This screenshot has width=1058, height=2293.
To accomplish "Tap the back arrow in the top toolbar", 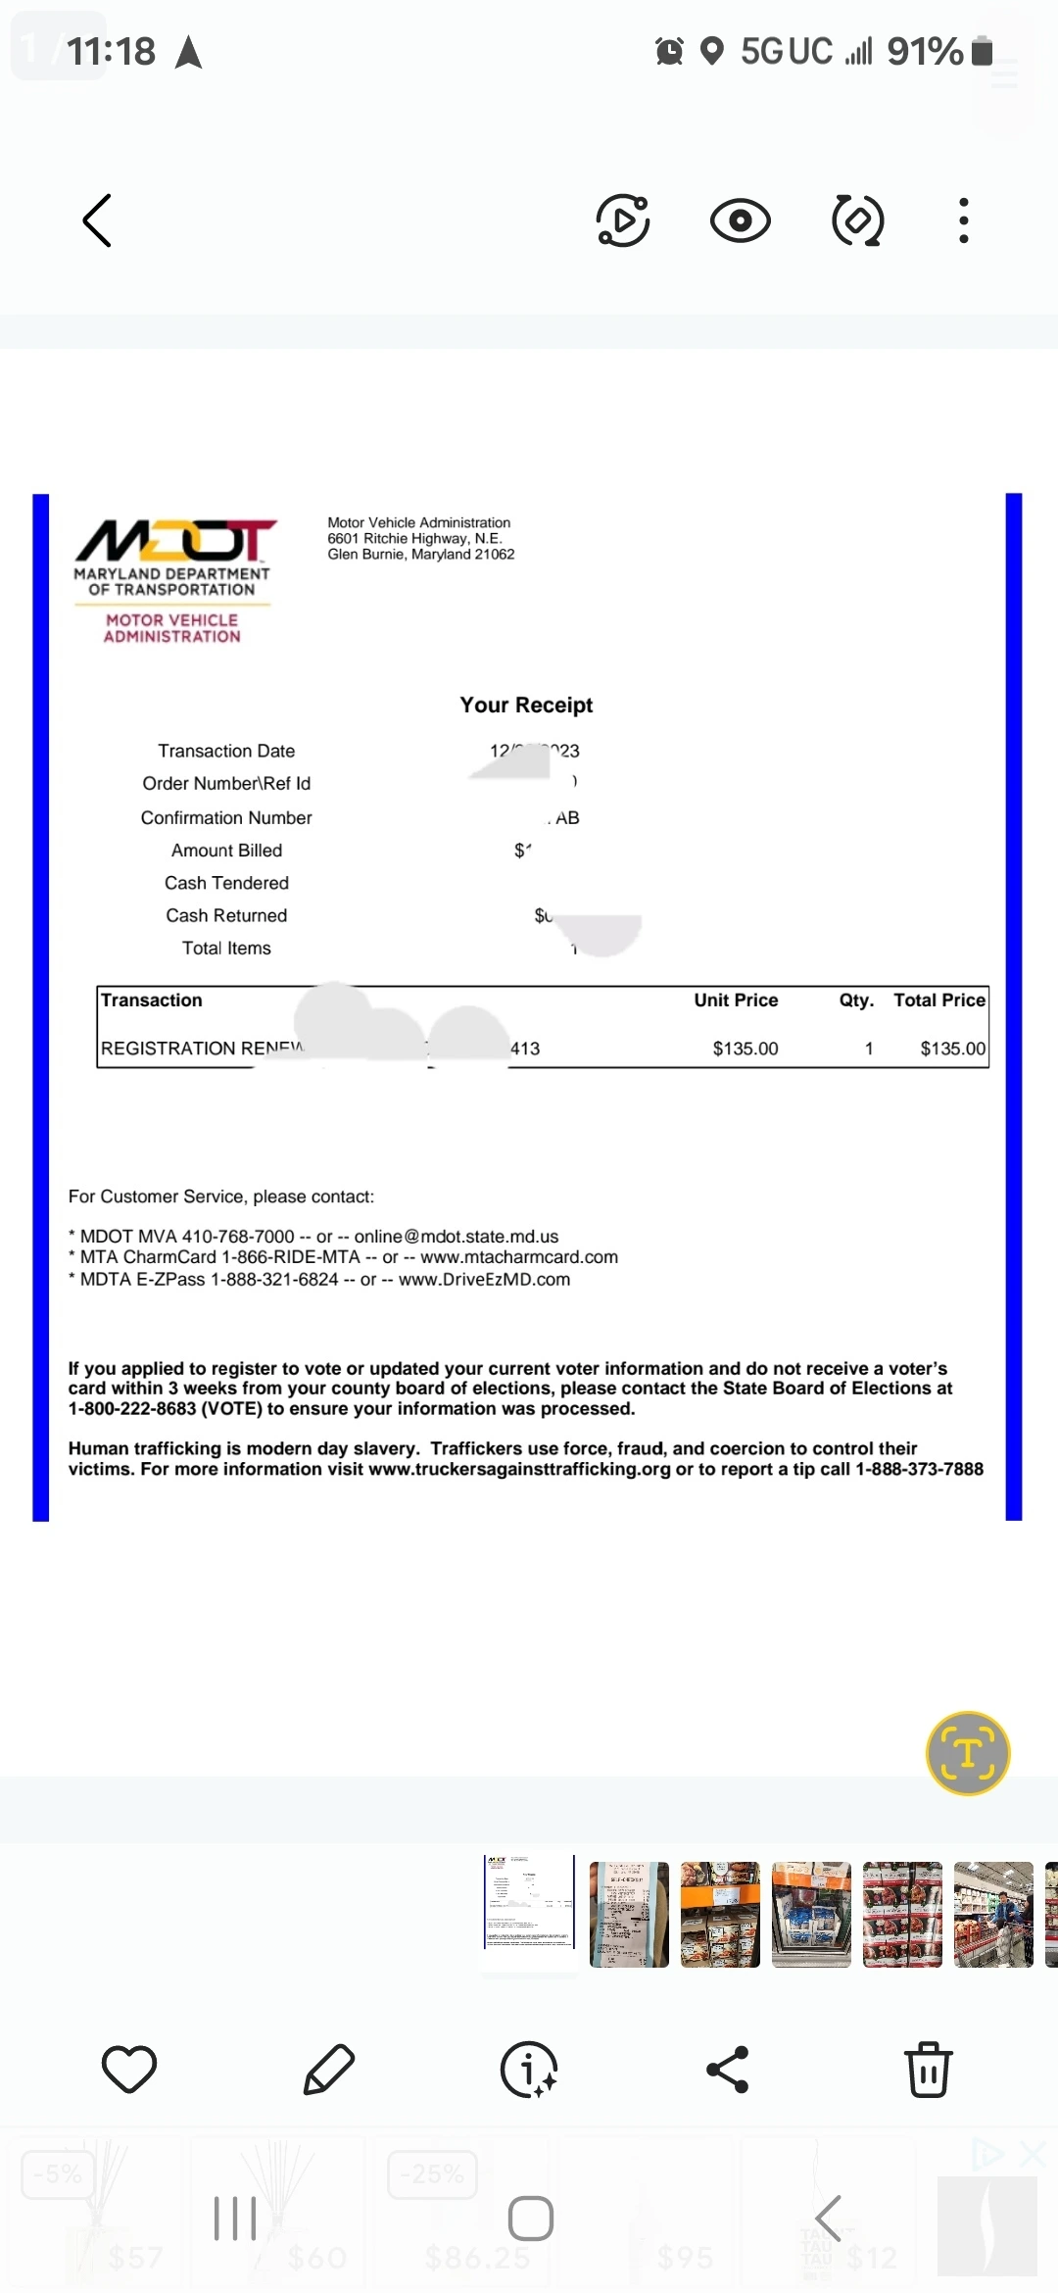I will coord(97,220).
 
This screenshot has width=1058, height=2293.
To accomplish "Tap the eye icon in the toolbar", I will coord(740,220).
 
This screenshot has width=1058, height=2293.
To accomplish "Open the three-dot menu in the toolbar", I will coord(964,220).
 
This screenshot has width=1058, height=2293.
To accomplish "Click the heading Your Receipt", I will coord(526,706).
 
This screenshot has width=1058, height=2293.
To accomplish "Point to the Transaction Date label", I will coord(226,752).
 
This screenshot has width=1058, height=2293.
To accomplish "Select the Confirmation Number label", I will coord(226,818).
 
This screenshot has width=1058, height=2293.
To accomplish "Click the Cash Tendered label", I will coord(226,883).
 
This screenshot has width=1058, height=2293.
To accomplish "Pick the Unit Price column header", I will coord(736,1000).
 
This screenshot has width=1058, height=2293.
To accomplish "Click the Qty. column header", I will coord(856,1000).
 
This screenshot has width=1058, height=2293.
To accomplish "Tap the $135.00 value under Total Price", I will coord(952,1049).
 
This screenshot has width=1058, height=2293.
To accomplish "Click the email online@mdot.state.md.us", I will coord(457,1237).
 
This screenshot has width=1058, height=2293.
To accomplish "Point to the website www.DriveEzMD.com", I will coord(484,1280).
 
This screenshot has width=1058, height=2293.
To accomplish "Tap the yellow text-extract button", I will coord(967,1753).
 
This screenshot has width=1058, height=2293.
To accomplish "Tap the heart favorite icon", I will coord(129,2070).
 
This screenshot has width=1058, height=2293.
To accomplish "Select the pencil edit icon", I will coord(329,2070).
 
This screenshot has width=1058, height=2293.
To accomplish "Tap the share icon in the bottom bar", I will coord(727,2070).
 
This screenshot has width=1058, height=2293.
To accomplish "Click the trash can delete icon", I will coord(928,2070).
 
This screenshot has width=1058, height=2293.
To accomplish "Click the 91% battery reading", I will coord(925,52).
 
